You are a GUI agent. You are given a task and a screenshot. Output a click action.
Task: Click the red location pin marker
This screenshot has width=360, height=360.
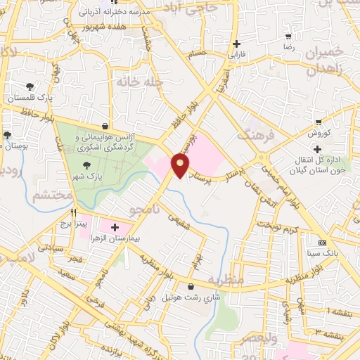click(181, 166)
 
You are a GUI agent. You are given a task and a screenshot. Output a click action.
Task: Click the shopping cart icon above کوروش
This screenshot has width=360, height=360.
click(319, 122)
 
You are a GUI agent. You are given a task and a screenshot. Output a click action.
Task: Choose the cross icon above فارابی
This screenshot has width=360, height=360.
click(237, 42)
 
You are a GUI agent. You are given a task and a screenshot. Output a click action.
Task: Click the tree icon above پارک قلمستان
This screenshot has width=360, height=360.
click(30, 86)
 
